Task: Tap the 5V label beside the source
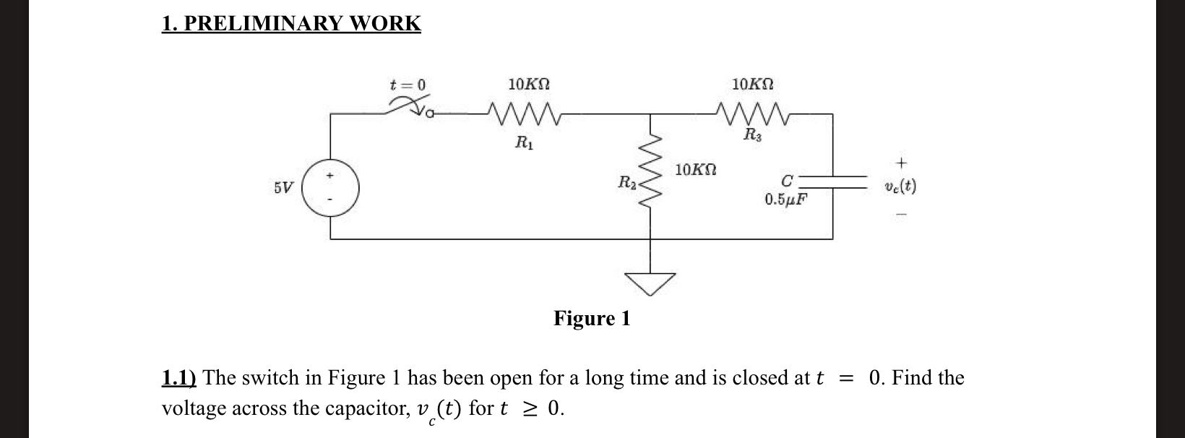coord(284,188)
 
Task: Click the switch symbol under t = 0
coord(409,109)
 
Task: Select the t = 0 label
coord(408,85)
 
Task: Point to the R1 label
coord(525,143)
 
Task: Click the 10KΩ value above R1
coord(529,85)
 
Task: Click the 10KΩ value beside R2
coord(696,170)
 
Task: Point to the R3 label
coord(752,134)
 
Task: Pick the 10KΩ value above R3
coord(753,85)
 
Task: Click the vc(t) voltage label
coord(900,186)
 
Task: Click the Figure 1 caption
coord(592,318)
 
